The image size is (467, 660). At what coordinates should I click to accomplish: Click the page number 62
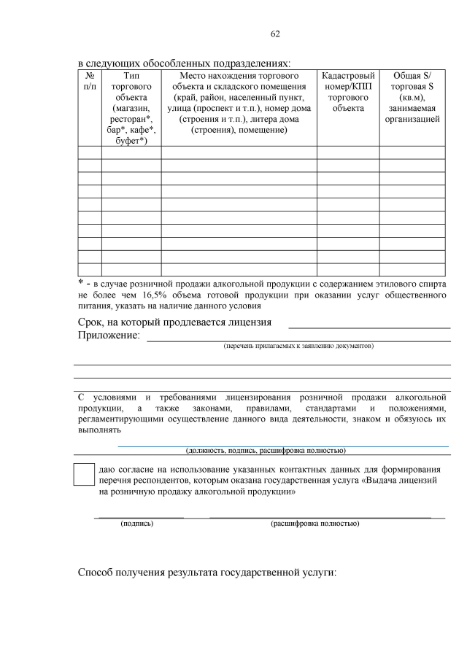pos(275,34)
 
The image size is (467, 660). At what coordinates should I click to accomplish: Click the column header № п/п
pos(89,81)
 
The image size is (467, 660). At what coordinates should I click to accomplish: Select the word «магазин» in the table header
pos(131,109)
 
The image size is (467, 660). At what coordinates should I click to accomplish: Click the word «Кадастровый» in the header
pos(347,76)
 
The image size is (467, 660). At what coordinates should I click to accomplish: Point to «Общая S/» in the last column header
pos(412,76)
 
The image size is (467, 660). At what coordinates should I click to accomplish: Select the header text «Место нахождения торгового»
pos(239,76)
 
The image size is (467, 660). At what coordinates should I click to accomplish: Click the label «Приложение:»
pos(109,335)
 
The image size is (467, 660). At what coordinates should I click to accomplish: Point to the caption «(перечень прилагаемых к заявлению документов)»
pos(298,345)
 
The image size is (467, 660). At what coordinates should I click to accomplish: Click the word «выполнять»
pos(98,431)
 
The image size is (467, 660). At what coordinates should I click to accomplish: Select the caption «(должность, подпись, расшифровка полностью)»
pos(266,450)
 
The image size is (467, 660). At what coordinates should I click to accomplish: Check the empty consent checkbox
pos(85,474)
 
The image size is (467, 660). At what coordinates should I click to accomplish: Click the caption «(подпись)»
pos(136,524)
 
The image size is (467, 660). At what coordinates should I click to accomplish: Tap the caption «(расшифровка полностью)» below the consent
pos(314,524)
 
